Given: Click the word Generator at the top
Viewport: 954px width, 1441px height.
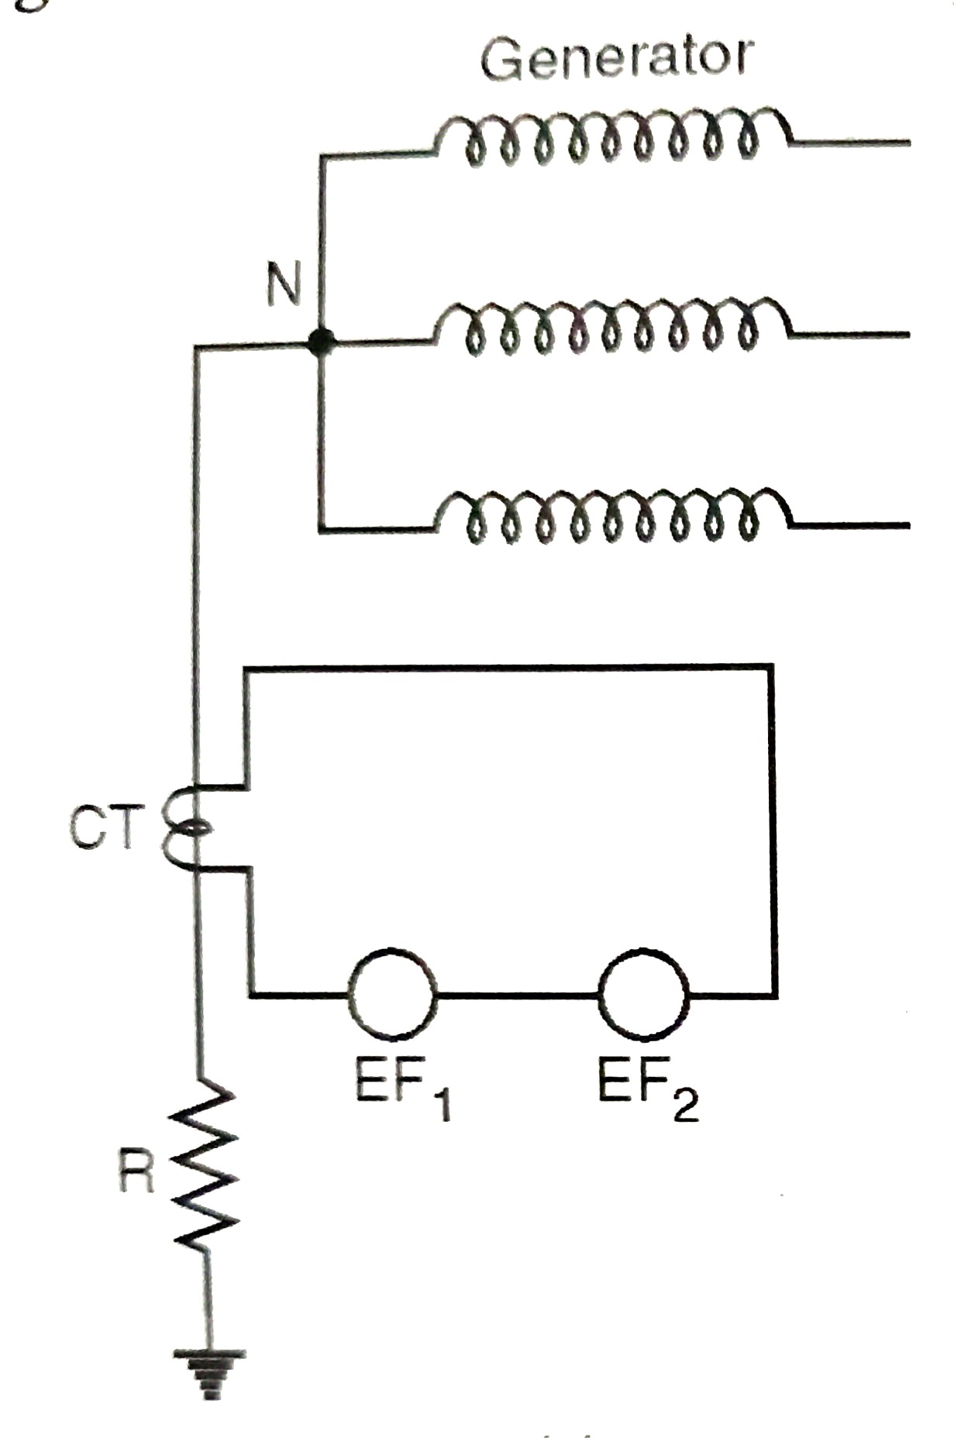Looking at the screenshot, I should coord(616,58).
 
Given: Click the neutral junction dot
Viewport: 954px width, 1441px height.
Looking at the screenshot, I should coord(319,342).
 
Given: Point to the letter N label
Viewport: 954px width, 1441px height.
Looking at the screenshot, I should coord(284,284).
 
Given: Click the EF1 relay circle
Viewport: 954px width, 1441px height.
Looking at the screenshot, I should coord(392,995).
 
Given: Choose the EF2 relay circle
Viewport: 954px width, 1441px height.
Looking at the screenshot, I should coord(643,995).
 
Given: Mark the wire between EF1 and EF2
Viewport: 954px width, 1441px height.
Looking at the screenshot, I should coord(518,995).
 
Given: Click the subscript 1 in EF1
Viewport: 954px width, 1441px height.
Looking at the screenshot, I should coord(443,1104).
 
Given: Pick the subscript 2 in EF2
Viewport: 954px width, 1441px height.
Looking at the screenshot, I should coord(686,1104).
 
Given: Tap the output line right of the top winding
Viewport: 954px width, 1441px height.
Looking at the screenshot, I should coord(852,143).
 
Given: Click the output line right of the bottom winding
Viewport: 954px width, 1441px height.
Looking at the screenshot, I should coord(852,525).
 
